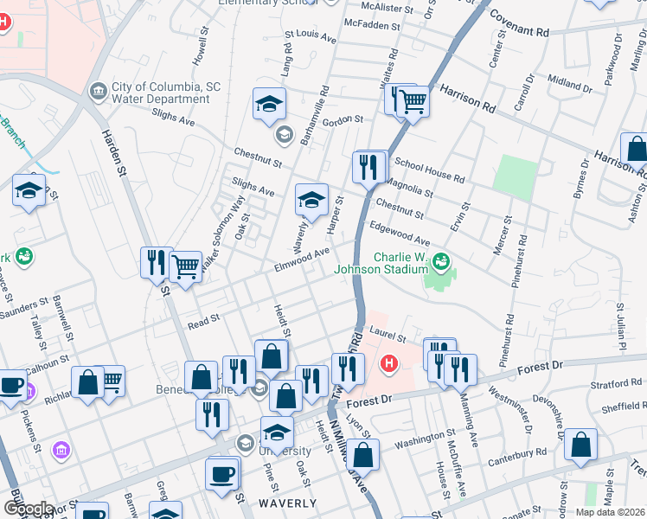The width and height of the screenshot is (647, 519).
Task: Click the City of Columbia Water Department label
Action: point(160,93)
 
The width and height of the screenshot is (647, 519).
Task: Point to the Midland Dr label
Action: point(569,84)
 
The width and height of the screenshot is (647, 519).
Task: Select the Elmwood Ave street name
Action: point(303,259)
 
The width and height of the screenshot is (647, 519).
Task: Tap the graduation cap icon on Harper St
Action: point(311,199)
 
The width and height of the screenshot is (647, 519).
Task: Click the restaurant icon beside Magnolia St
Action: point(369,166)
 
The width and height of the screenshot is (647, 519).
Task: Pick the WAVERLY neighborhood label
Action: point(288,503)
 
